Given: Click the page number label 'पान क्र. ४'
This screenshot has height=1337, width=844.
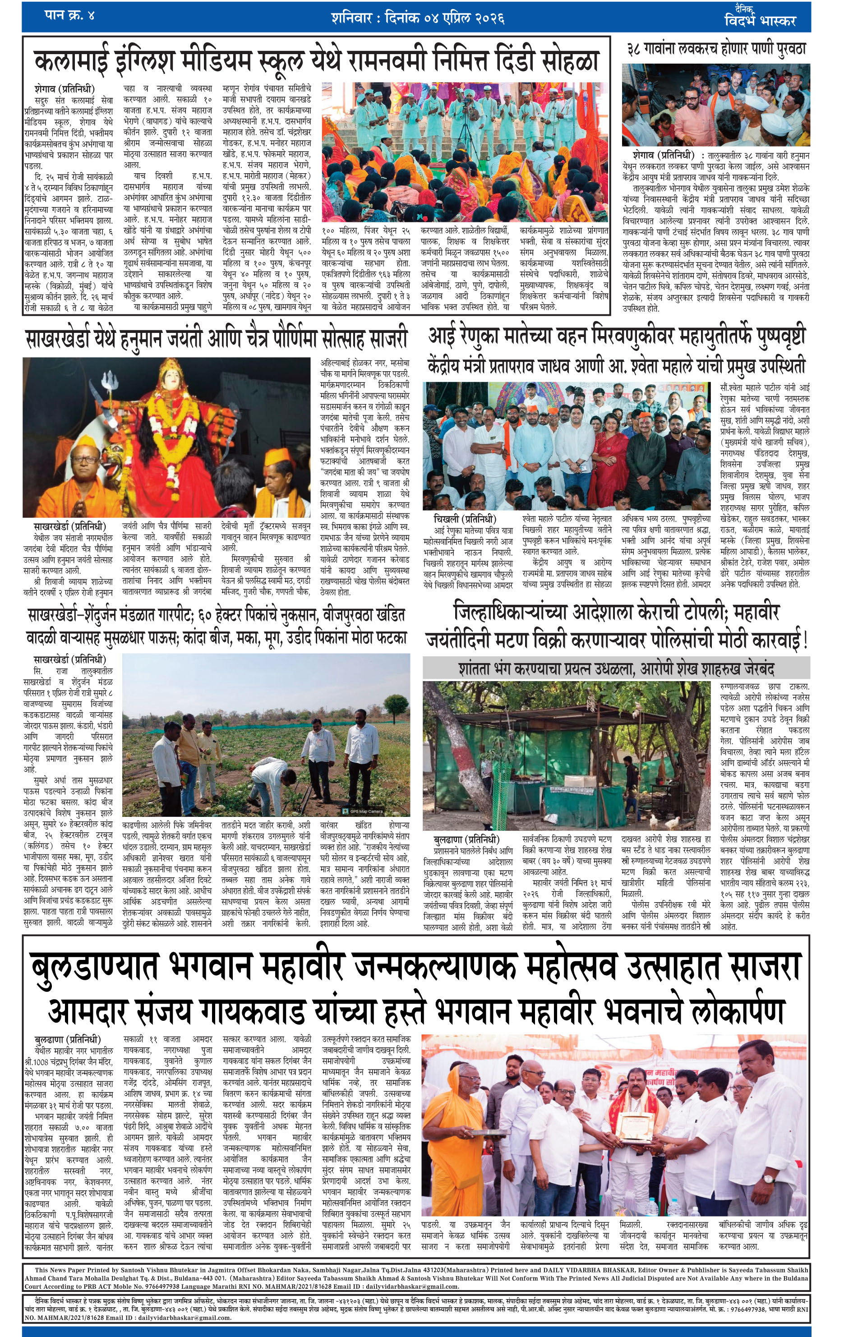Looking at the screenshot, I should click(69, 15).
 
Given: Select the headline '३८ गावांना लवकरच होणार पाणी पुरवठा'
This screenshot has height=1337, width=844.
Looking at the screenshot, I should click(716, 49).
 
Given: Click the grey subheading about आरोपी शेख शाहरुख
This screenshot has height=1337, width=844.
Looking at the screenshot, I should click(616, 668).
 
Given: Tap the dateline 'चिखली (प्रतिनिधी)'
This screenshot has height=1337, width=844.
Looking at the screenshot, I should click(464, 519).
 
